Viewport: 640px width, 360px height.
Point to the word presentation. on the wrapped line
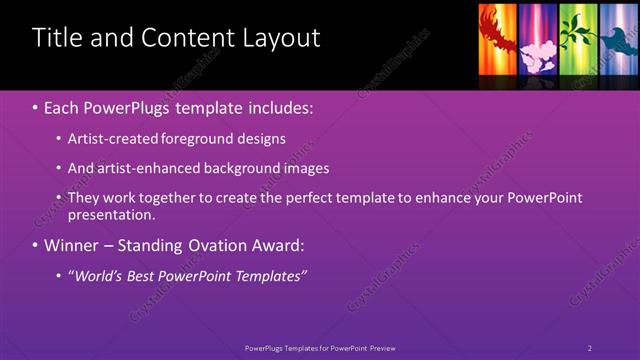(x=112, y=215)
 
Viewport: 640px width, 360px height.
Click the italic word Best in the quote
(x=137, y=275)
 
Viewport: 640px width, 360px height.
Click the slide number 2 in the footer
(x=589, y=348)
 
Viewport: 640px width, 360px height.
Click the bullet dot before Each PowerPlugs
(x=36, y=106)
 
